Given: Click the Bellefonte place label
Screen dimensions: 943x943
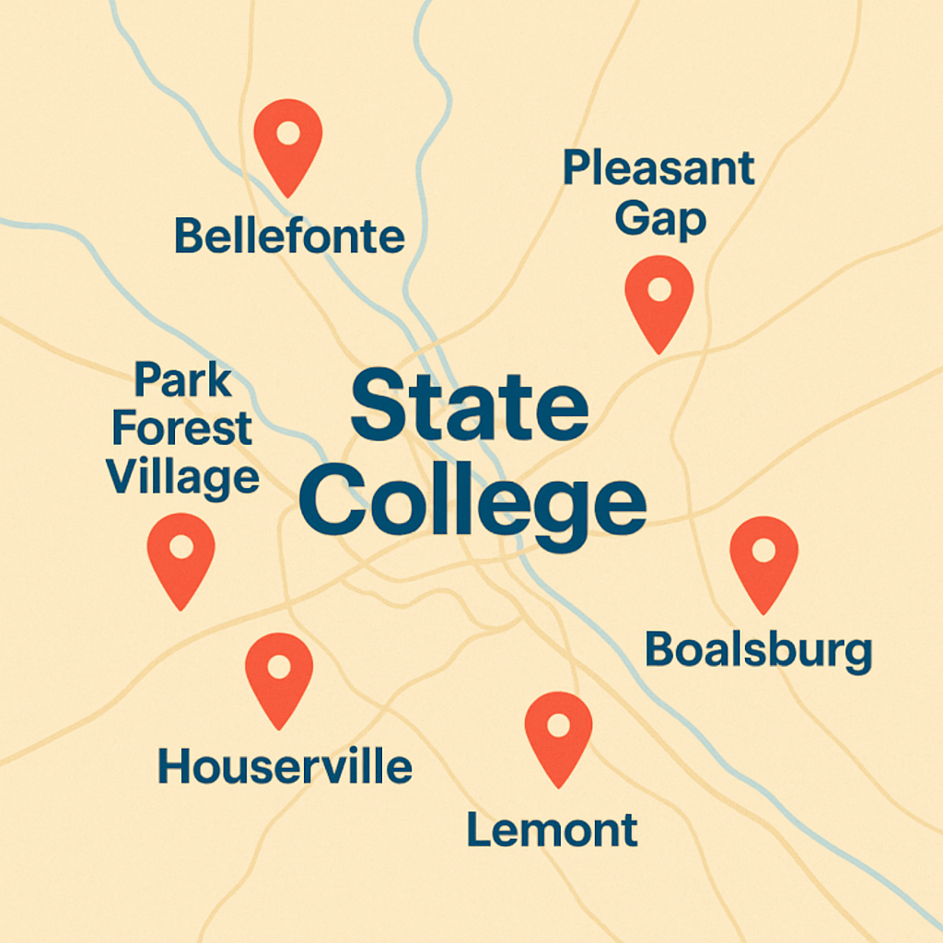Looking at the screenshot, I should coord(289,237).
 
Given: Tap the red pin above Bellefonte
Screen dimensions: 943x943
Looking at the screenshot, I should coord(288,143).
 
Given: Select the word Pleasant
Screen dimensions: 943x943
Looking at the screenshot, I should coord(658,169).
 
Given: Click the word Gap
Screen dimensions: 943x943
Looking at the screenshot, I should coord(660,219).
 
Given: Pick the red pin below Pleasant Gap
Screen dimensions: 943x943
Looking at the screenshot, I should coord(658,299).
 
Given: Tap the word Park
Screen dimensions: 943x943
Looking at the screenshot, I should coord(183,379).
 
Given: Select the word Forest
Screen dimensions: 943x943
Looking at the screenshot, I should coord(182,428).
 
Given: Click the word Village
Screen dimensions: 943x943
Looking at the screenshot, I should coord(182,477).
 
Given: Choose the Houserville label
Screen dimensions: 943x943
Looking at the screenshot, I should coord(285,766).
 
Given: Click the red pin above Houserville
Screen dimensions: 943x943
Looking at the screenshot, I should coord(279,675).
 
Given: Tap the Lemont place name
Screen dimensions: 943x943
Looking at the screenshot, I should coord(552,830).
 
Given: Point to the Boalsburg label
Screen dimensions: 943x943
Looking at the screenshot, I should coord(758,650).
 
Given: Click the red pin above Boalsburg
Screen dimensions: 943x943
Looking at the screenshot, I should coord(763,560).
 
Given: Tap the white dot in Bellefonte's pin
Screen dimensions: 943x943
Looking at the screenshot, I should coord(288,133).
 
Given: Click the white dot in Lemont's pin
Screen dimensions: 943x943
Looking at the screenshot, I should coord(558,725).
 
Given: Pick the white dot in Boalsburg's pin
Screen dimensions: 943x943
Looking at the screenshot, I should coord(763,550).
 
